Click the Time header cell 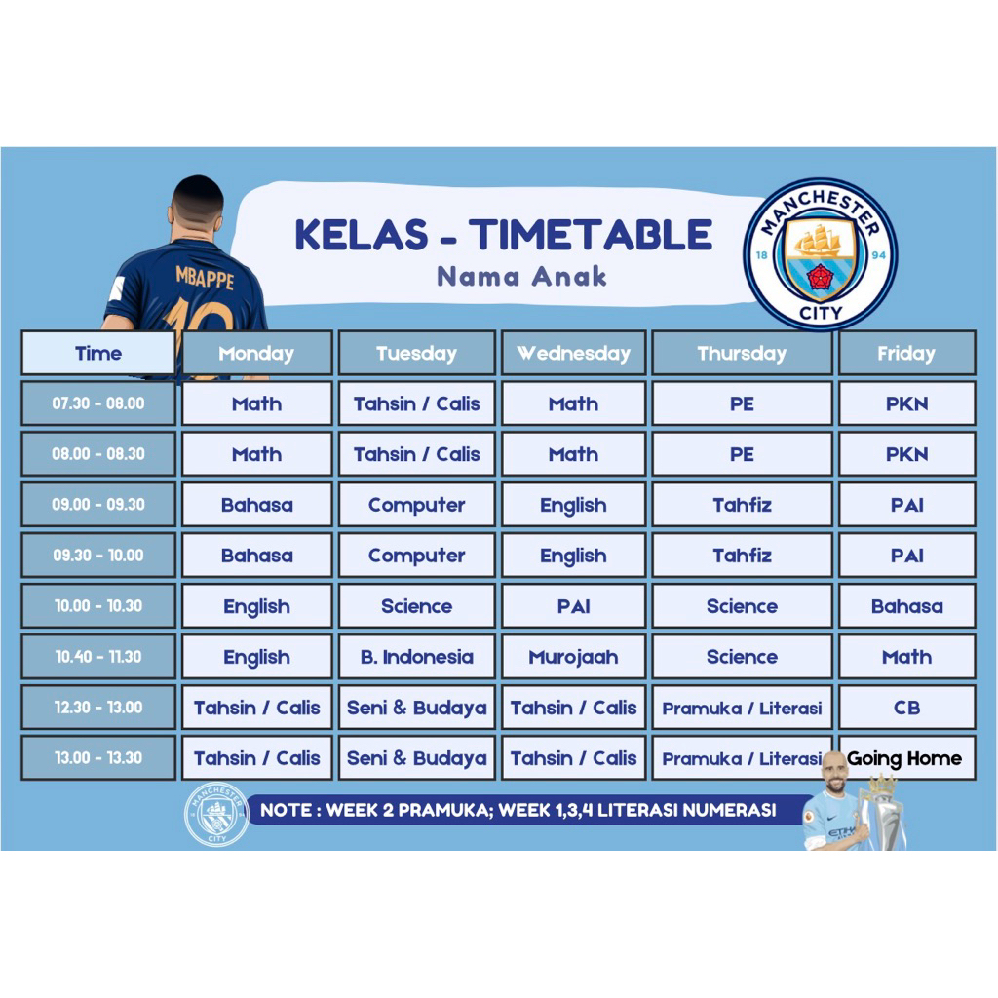coord(98,353)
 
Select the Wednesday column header coord(573,353)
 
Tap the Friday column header coord(907,353)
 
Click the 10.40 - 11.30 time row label coord(98,656)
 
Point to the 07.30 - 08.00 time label coord(98,403)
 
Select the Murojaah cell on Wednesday coord(573,656)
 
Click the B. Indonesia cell coord(417,656)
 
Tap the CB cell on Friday coord(907,708)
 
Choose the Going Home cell coord(907,758)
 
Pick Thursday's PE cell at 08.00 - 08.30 coord(742,454)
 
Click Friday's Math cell coord(907,656)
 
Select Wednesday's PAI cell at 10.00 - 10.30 coord(573,606)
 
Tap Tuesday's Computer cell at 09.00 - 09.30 coord(417,505)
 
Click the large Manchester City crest coord(821,254)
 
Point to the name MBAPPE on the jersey coord(205,277)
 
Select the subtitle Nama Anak coord(522,277)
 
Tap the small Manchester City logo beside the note coord(216,815)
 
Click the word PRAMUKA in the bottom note coord(445,810)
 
